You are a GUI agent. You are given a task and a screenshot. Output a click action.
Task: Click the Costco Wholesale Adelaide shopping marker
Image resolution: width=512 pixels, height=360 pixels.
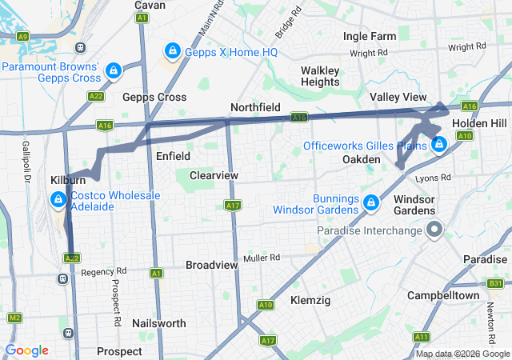click(58, 199)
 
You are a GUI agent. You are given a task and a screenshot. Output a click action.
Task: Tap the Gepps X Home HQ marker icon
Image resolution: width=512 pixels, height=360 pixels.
click(171, 52)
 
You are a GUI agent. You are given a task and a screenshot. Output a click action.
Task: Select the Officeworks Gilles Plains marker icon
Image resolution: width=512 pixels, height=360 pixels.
click(438, 145)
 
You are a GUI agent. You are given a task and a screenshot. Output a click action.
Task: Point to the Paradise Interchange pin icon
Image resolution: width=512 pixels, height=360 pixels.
click(434, 231)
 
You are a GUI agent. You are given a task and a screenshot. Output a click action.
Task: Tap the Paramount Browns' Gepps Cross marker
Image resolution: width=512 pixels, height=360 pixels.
click(114, 71)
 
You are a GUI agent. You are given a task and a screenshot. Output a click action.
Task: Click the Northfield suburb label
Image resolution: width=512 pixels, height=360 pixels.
click(256, 107)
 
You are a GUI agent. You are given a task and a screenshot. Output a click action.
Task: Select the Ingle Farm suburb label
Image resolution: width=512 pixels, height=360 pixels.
click(370, 37)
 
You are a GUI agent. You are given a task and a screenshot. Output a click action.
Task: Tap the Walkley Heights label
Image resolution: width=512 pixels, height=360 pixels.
click(320, 76)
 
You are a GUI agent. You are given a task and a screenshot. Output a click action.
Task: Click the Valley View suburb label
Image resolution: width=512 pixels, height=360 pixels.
click(398, 97)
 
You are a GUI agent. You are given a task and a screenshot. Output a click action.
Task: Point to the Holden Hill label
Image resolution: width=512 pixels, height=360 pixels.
click(478, 124)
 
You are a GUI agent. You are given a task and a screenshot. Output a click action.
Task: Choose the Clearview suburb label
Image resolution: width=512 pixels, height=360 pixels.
click(214, 174)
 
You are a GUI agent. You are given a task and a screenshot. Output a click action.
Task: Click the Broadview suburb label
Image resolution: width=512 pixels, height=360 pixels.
click(211, 265)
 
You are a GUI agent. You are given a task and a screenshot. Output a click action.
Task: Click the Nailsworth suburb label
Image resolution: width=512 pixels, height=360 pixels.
click(161, 323)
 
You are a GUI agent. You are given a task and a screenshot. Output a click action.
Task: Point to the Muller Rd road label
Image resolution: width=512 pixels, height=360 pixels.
click(263, 258)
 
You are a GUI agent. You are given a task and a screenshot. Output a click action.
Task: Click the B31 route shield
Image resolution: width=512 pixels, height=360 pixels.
click(496, 284)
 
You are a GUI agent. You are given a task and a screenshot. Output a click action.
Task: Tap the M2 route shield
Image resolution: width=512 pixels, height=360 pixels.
click(14, 318)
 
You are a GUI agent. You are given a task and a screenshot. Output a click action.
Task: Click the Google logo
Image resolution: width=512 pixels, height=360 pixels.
click(26, 350)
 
